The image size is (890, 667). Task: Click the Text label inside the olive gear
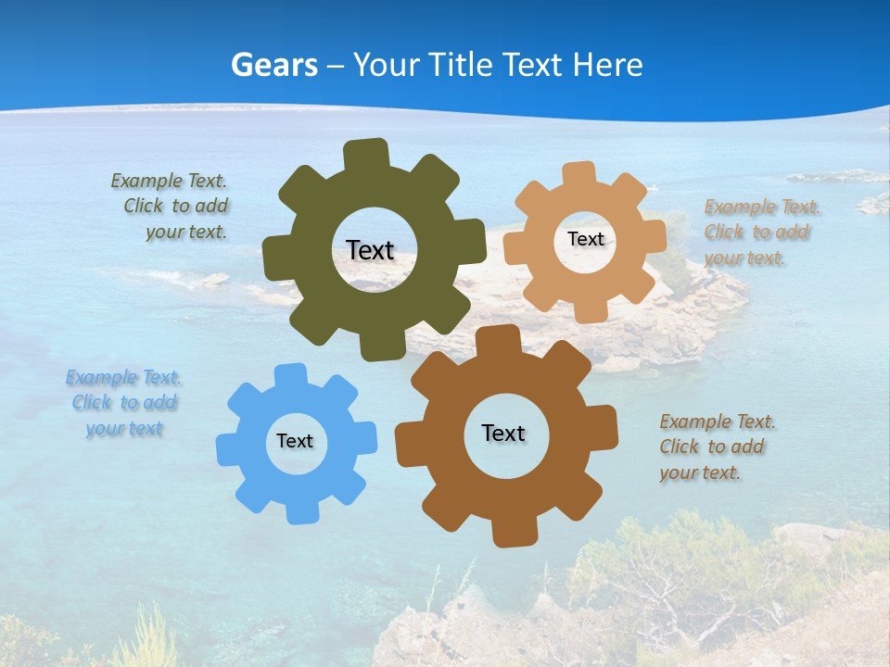pyautogui.click(x=370, y=250)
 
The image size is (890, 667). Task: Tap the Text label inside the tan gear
pyautogui.click(x=585, y=239)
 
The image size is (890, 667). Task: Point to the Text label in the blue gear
pyautogui.click(x=295, y=441)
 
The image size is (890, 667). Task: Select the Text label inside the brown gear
pyautogui.click(x=503, y=433)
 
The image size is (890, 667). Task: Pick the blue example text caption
pyautogui.click(x=124, y=403)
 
